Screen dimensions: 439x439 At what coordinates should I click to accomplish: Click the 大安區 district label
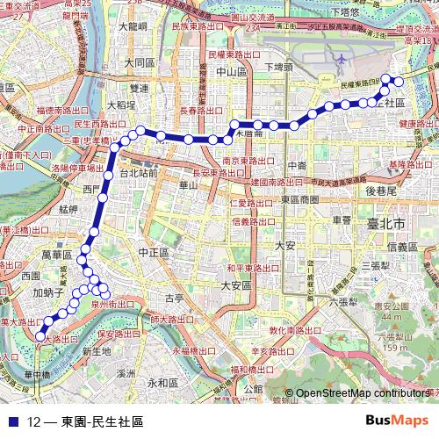pyautogui.click(x=236, y=285)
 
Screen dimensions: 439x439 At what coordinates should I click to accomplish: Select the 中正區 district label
pyautogui.click(x=153, y=252)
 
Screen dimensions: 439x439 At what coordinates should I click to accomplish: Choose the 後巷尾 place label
pyautogui.click(x=383, y=190)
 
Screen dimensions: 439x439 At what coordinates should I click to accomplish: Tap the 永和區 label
pyautogui.click(x=162, y=383)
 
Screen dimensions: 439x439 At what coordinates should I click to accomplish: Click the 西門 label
pyautogui.click(x=92, y=189)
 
